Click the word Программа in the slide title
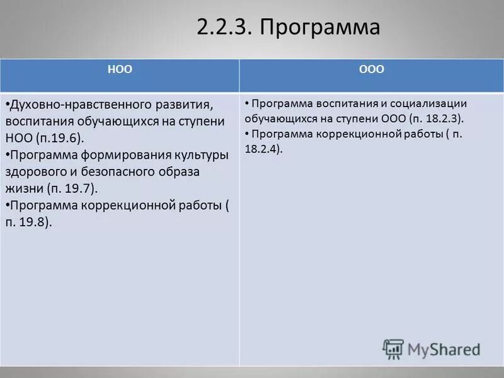point(320,28)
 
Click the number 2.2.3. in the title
point(224,28)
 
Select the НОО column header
point(123,70)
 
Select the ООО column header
point(371,70)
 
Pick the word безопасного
point(129,171)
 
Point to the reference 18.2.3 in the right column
point(441,118)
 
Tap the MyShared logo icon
point(393,349)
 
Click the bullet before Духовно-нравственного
point(7,103)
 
